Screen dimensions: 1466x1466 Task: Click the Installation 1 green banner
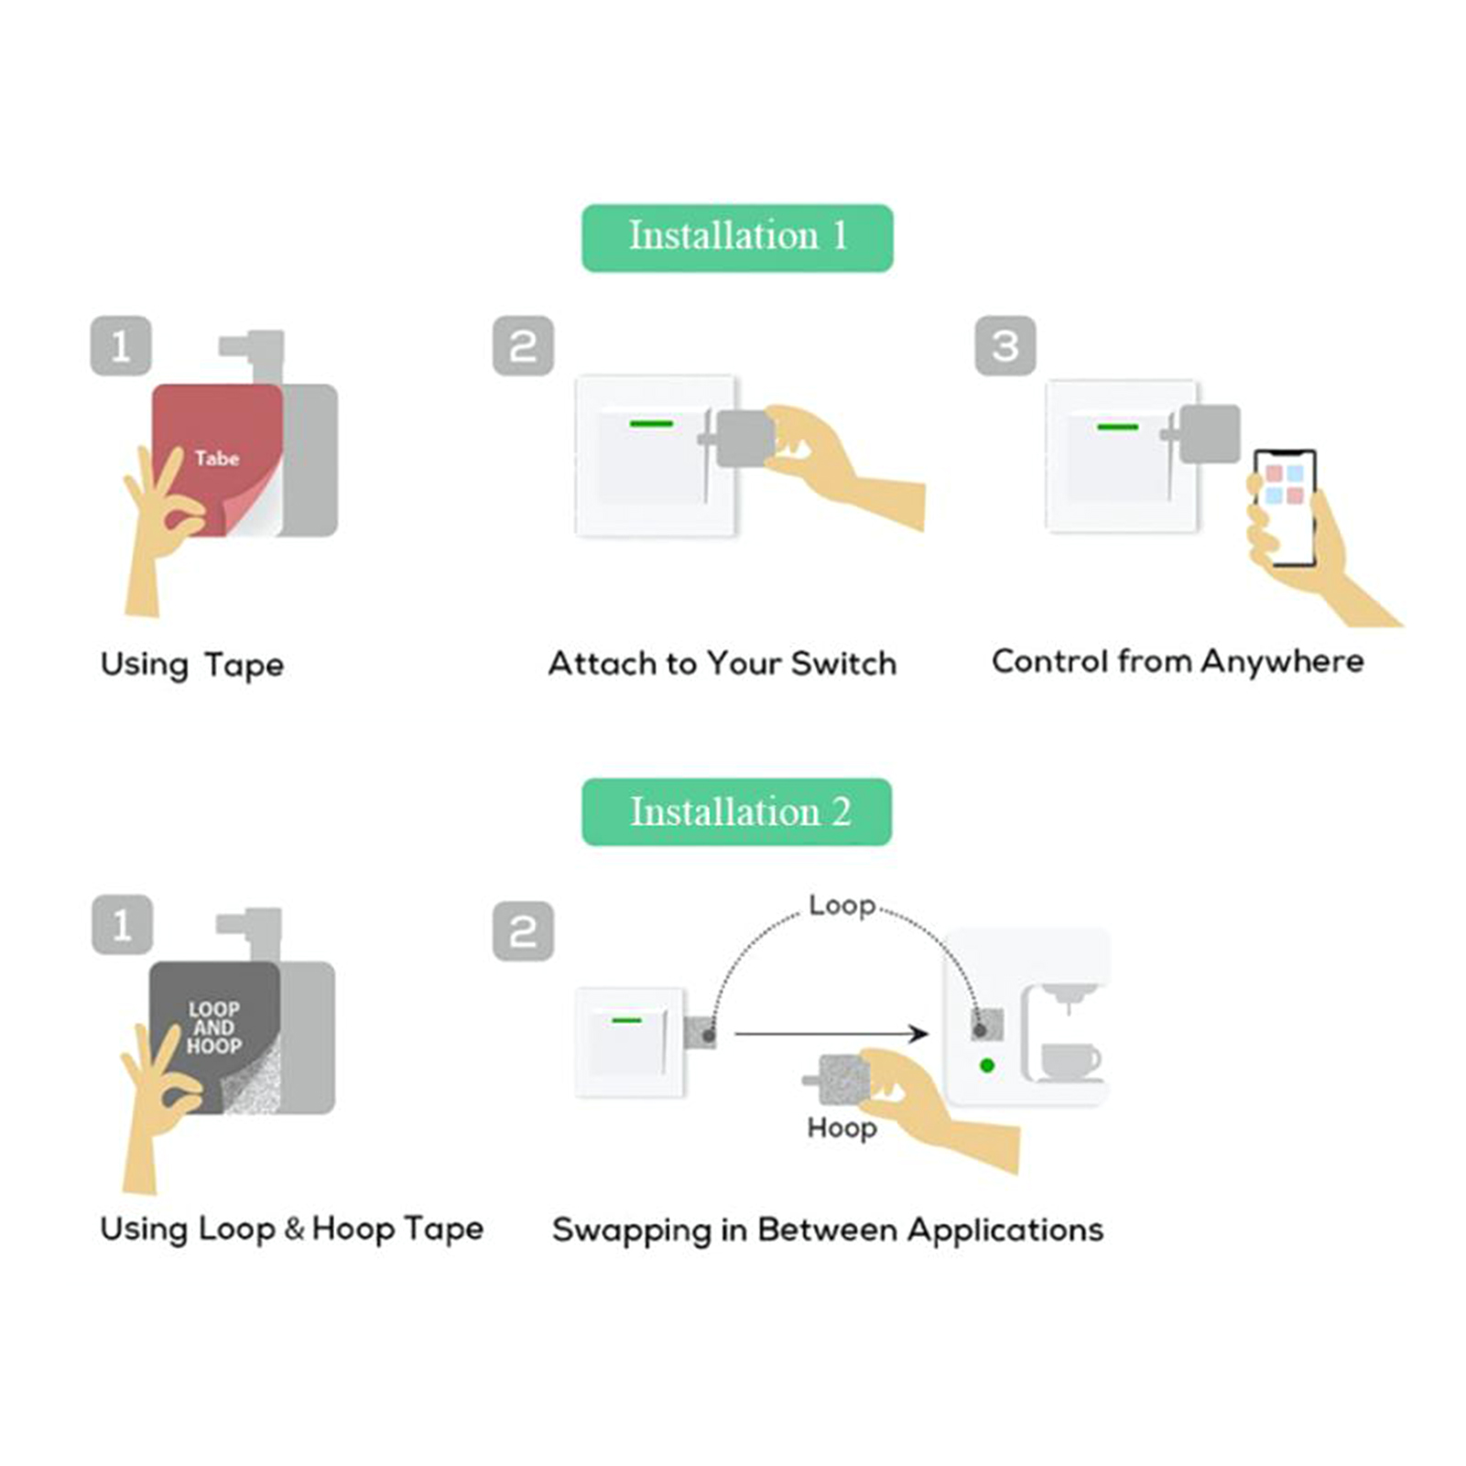tap(737, 237)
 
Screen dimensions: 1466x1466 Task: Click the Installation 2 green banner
tap(737, 812)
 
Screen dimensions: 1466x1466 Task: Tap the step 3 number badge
tap(1004, 346)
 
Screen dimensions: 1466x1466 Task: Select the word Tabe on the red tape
tap(217, 458)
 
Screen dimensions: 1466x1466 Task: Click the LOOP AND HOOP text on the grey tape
tap(214, 1027)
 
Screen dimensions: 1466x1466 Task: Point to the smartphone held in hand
tap(1286, 508)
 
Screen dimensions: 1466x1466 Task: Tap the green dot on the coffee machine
tap(987, 1066)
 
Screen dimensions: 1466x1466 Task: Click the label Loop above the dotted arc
tap(842, 906)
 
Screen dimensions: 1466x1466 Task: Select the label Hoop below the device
tap(842, 1128)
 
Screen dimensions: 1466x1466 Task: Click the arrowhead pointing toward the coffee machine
tap(918, 1034)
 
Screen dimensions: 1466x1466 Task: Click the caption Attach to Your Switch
tap(722, 664)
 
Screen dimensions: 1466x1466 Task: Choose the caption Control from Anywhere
tap(1178, 661)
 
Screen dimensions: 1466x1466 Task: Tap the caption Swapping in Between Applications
tap(828, 1230)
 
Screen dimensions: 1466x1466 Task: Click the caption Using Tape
tap(192, 665)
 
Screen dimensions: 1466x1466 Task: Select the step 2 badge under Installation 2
tap(523, 931)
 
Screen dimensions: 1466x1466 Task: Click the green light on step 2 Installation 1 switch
tap(651, 424)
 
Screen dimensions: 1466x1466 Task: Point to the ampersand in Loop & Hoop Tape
tap(294, 1228)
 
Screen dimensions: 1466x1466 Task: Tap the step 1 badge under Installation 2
tap(122, 925)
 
